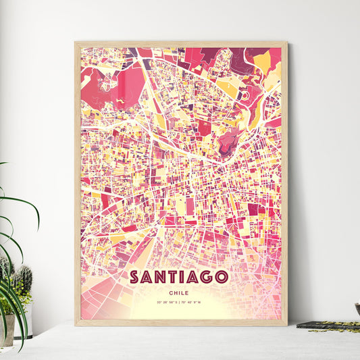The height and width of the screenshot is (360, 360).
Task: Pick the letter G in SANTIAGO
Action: coord(209,277)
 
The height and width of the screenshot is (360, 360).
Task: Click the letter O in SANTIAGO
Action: coord(224,277)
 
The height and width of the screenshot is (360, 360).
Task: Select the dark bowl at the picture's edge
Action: coord(357,309)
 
